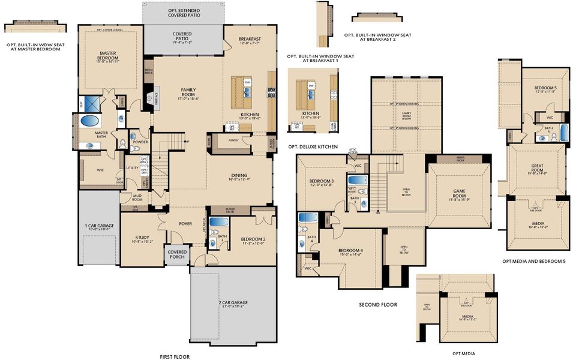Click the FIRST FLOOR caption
[175, 356]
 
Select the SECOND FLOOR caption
[378, 305]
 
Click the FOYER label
[185, 224]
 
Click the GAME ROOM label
[459, 194]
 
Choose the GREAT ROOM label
[537, 169]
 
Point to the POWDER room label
[140, 142]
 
